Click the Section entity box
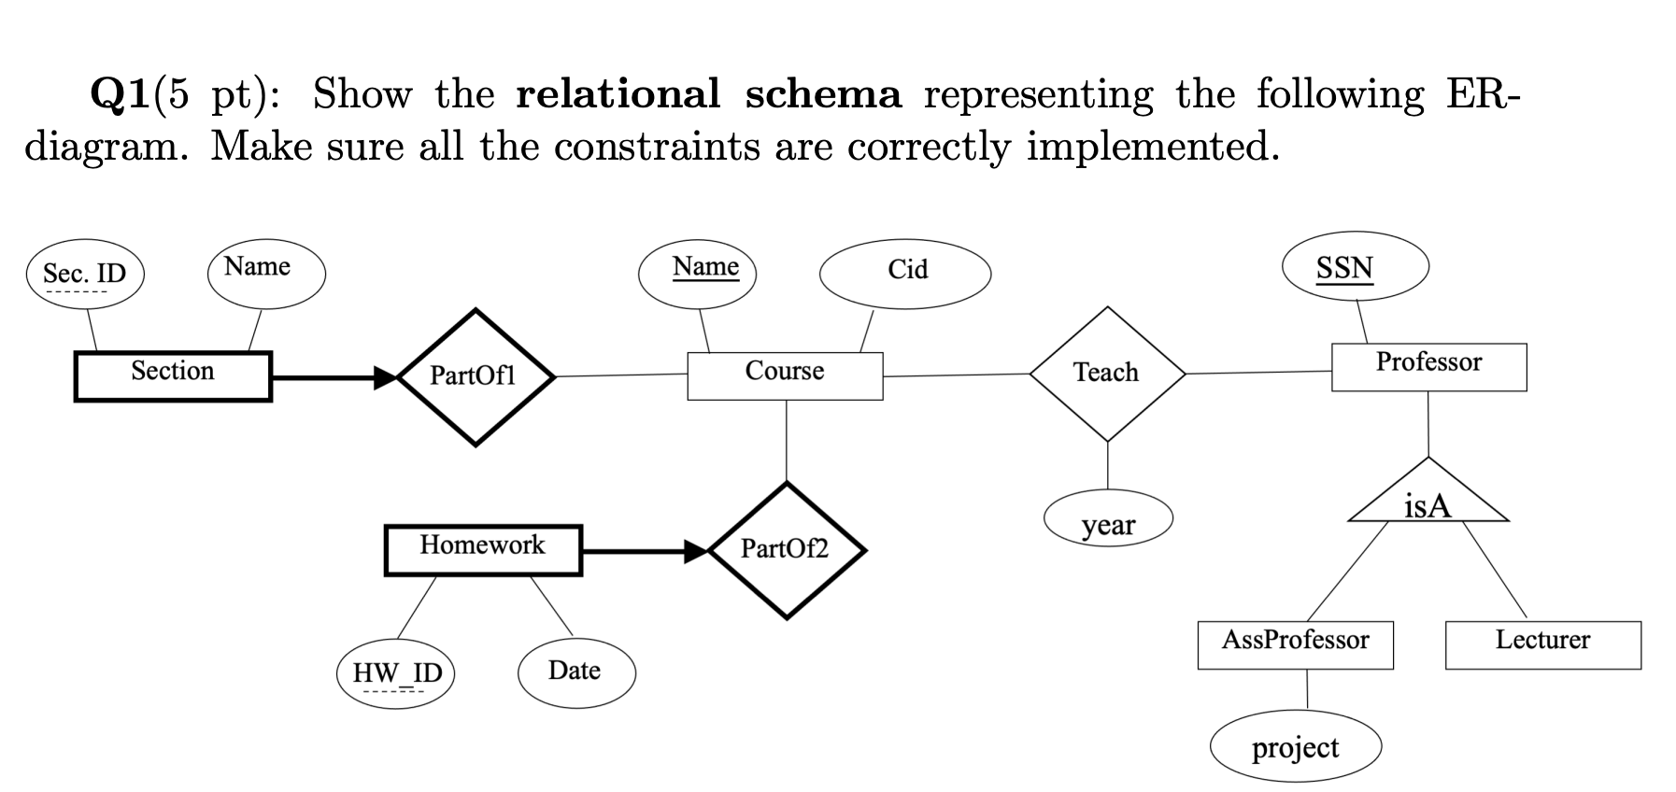tap(173, 376)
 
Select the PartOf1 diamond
tap(476, 377)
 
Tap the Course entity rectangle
tap(785, 375)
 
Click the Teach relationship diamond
tap(1107, 374)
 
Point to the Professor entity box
tap(1428, 367)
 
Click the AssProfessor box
tap(1295, 644)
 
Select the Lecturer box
tap(1542, 644)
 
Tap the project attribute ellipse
tap(1295, 748)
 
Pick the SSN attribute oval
tap(1356, 267)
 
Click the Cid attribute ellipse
tap(905, 273)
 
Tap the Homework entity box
tap(483, 550)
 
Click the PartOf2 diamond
tap(787, 550)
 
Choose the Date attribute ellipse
tap(575, 672)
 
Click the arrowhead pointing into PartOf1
tap(385, 377)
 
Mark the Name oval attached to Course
tap(697, 273)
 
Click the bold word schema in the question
tap(823, 93)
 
